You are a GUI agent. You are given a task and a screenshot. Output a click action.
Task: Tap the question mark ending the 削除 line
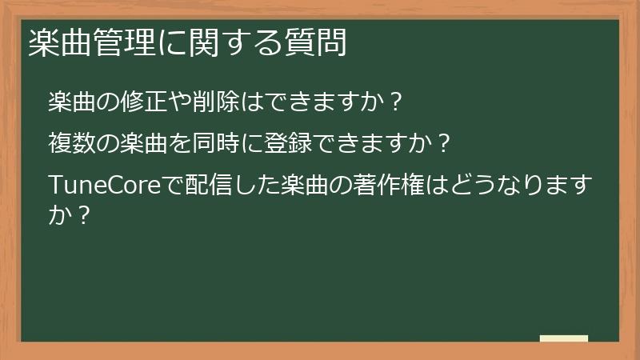coord(393,103)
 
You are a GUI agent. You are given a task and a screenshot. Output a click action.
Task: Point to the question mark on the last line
coord(80,214)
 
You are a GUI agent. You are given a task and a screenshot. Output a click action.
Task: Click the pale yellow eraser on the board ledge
coord(564,338)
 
